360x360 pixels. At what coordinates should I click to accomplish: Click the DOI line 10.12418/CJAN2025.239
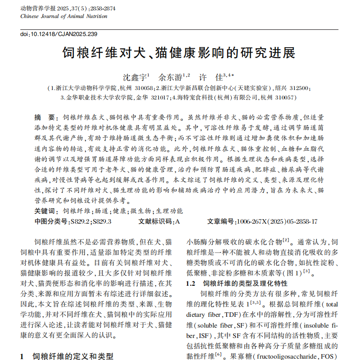tap(59, 34)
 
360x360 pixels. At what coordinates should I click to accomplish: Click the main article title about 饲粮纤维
tap(179, 53)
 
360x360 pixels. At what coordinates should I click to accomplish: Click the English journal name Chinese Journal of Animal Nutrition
tap(64, 16)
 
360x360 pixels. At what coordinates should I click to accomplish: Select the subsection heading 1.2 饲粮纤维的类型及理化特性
tap(237, 283)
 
